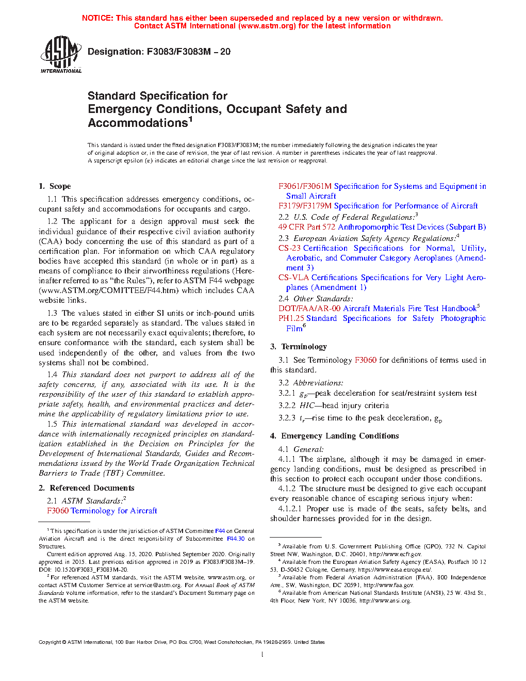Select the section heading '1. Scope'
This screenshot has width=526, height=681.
point(55,186)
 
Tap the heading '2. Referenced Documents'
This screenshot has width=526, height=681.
point(86,488)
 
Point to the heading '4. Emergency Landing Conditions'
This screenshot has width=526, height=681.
point(334,436)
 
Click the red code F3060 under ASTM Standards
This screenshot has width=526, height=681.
point(58,511)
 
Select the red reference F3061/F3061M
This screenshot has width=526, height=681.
point(305,186)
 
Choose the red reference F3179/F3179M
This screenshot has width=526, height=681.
point(305,206)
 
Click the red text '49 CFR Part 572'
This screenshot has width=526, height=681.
point(307,227)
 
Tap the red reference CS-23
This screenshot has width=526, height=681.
point(290,248)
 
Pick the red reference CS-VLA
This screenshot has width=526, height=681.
point(293,278)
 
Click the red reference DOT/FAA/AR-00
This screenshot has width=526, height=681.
point(309,309)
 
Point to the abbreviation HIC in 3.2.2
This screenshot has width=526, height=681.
point(307,406)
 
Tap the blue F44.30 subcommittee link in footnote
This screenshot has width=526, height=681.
point(236,539)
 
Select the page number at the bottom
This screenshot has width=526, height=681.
point(262,655)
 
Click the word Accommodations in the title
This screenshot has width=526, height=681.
point(137,123)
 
